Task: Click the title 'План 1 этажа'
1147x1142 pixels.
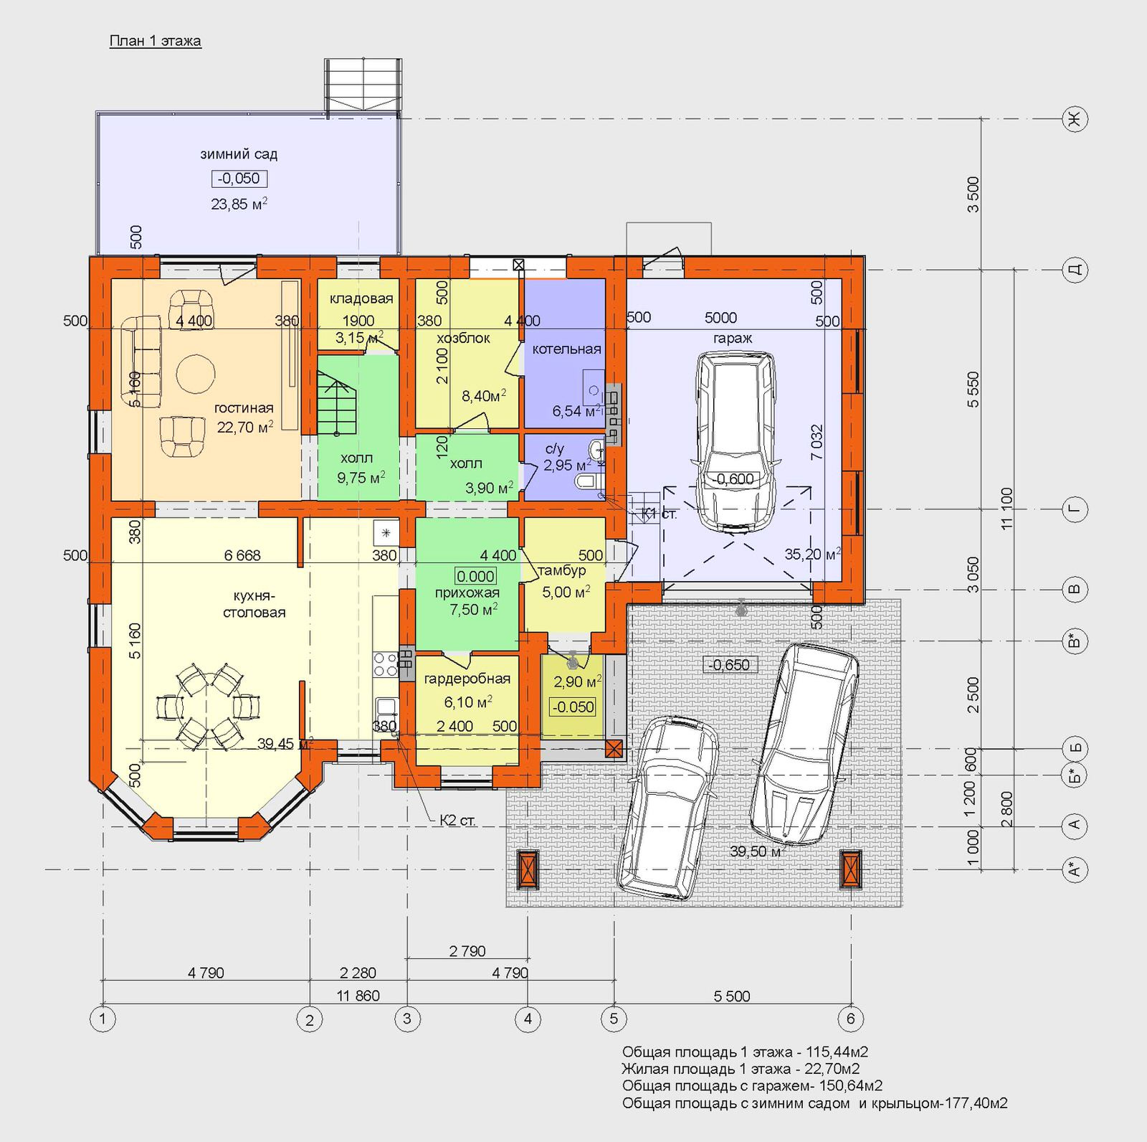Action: click(x=155, y=41)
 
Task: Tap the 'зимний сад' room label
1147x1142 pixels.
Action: click(x=239, y=154)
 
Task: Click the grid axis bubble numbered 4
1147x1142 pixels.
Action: click(x=528, y=1019)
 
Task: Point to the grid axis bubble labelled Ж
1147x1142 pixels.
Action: click(x=1074, y=120)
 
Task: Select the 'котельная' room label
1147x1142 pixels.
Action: click(x=566, y=349)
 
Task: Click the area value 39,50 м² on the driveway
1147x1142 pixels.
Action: click(x=756, y=851)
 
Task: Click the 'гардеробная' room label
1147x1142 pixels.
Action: click(x=467, y=679)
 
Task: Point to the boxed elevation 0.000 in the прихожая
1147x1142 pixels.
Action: click(x=475, y=576)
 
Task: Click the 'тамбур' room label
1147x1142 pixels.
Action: click(x=562, y=571)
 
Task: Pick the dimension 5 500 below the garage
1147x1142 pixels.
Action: click(x=732, y=996)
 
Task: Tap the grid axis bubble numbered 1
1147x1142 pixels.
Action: click(x=103, y=1019)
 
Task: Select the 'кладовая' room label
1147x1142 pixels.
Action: click(x=361, y=299)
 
